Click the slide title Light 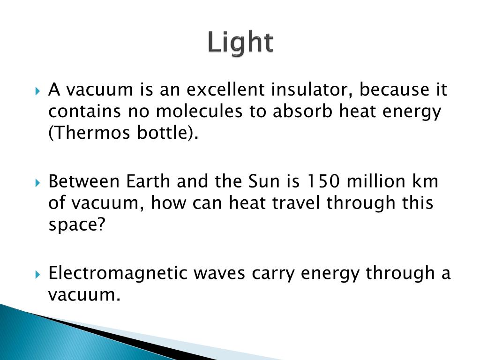click(240, 43)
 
